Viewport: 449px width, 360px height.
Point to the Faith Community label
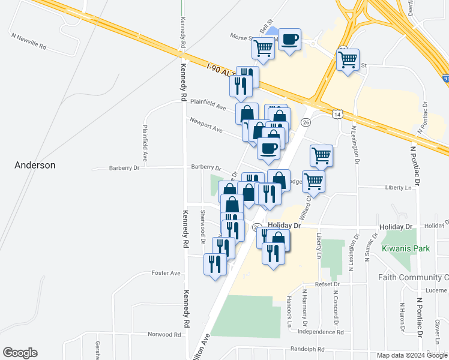[413, 277]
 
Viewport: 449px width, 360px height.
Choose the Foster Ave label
[166, 273]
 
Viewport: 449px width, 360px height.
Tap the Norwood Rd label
[165, 334]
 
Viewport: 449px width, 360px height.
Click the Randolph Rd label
[307, 349]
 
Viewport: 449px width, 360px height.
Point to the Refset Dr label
[327, 284]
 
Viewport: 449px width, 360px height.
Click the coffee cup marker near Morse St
[290, 40]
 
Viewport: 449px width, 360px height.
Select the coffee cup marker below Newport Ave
[268, 147]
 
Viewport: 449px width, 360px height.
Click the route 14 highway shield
[338, 113]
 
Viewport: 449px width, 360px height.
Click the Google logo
[20, 353]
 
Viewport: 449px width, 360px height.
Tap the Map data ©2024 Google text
[411, 355]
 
